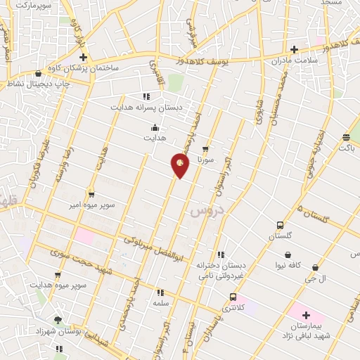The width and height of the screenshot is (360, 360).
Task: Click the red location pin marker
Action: click(x=180, y=165)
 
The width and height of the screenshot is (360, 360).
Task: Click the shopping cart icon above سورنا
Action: click(x=205, y=149)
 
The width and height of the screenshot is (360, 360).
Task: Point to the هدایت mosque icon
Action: click(x=155, y=128)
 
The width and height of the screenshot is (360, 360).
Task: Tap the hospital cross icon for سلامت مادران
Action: click(x=295, y=49)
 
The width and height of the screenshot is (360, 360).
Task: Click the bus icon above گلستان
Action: click(x=281, y=226)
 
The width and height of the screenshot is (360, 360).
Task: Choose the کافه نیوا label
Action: click(x=288, y=265)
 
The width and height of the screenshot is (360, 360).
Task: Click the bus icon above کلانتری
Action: click(x=233, y=297)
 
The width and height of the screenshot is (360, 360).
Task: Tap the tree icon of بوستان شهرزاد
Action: click(x=58, y=320)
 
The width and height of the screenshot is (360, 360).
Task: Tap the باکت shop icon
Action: click(x=347, y=138)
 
